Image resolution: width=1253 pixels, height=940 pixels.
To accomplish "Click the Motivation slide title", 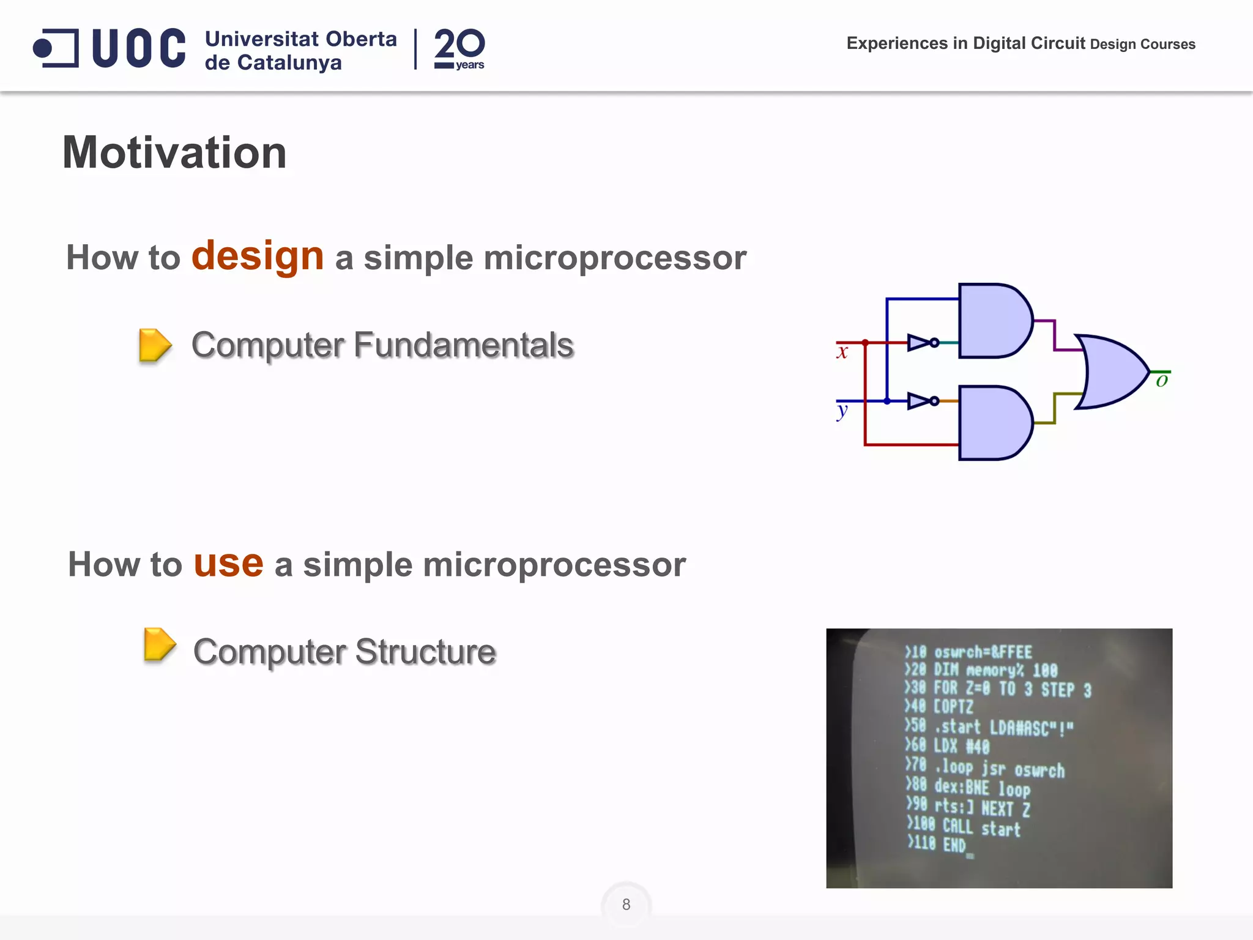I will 174,153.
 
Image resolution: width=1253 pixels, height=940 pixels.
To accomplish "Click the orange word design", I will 258,256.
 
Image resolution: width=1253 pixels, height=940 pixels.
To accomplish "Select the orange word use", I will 228,563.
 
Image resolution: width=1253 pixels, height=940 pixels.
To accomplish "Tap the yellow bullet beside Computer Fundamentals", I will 155,345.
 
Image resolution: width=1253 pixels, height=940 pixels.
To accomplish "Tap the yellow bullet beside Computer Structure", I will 159,644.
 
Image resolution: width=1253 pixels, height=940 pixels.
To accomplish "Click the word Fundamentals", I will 463,345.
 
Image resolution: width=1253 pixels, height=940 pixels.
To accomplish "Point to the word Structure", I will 425,652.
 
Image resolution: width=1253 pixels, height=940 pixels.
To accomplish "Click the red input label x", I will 842,352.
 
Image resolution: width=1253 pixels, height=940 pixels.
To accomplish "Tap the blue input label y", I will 842,411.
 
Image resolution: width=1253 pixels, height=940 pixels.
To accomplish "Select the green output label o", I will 1162,381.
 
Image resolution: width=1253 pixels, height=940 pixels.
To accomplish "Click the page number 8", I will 626,905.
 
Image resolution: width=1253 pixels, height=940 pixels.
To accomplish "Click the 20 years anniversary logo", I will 459,49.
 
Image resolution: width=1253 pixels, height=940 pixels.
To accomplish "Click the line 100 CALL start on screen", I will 964,827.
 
